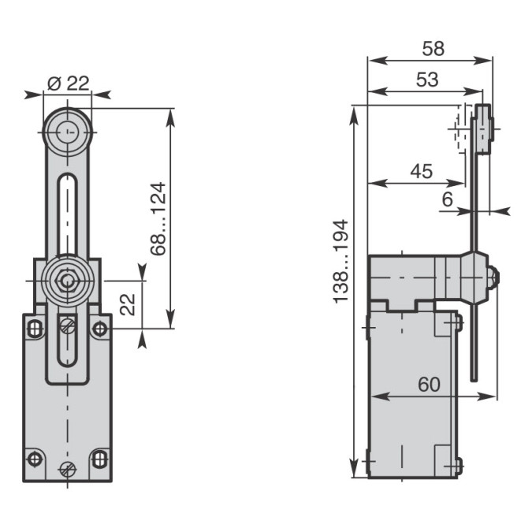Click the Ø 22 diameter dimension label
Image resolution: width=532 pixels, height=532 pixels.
point(69,83)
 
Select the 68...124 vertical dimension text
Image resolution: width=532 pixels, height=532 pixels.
point(158,219)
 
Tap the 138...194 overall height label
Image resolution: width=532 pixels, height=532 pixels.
point(340,261)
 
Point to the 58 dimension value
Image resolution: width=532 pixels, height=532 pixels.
point(433,49)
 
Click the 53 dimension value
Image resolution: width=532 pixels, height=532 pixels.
point(427,80)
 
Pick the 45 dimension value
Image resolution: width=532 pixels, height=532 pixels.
point(422,171)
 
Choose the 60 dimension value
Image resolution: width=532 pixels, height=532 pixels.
point(429,384)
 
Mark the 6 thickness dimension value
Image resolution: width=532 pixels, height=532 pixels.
point(448,199)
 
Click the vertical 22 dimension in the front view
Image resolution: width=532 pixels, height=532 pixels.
point(128,304)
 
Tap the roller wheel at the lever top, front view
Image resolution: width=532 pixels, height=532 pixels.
point(68,132)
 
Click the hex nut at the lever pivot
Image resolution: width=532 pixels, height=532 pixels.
point(67,281)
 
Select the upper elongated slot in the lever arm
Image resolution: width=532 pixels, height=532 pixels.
point(67,214)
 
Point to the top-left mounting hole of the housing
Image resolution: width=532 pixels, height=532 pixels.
point(35,329)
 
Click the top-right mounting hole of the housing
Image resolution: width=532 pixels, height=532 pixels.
point(99,329)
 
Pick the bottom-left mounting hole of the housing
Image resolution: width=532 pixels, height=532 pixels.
point(35,459)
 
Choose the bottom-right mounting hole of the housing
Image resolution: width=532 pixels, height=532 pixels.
point(99,459)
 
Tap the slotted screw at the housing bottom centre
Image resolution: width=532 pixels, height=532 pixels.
point(67,470)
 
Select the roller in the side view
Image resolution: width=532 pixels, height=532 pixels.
point(483,129)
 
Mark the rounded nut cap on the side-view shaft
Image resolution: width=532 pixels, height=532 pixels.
point(493,277)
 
